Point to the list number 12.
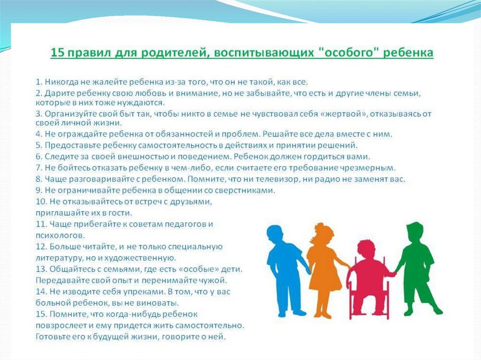click(x=41, y=246)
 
